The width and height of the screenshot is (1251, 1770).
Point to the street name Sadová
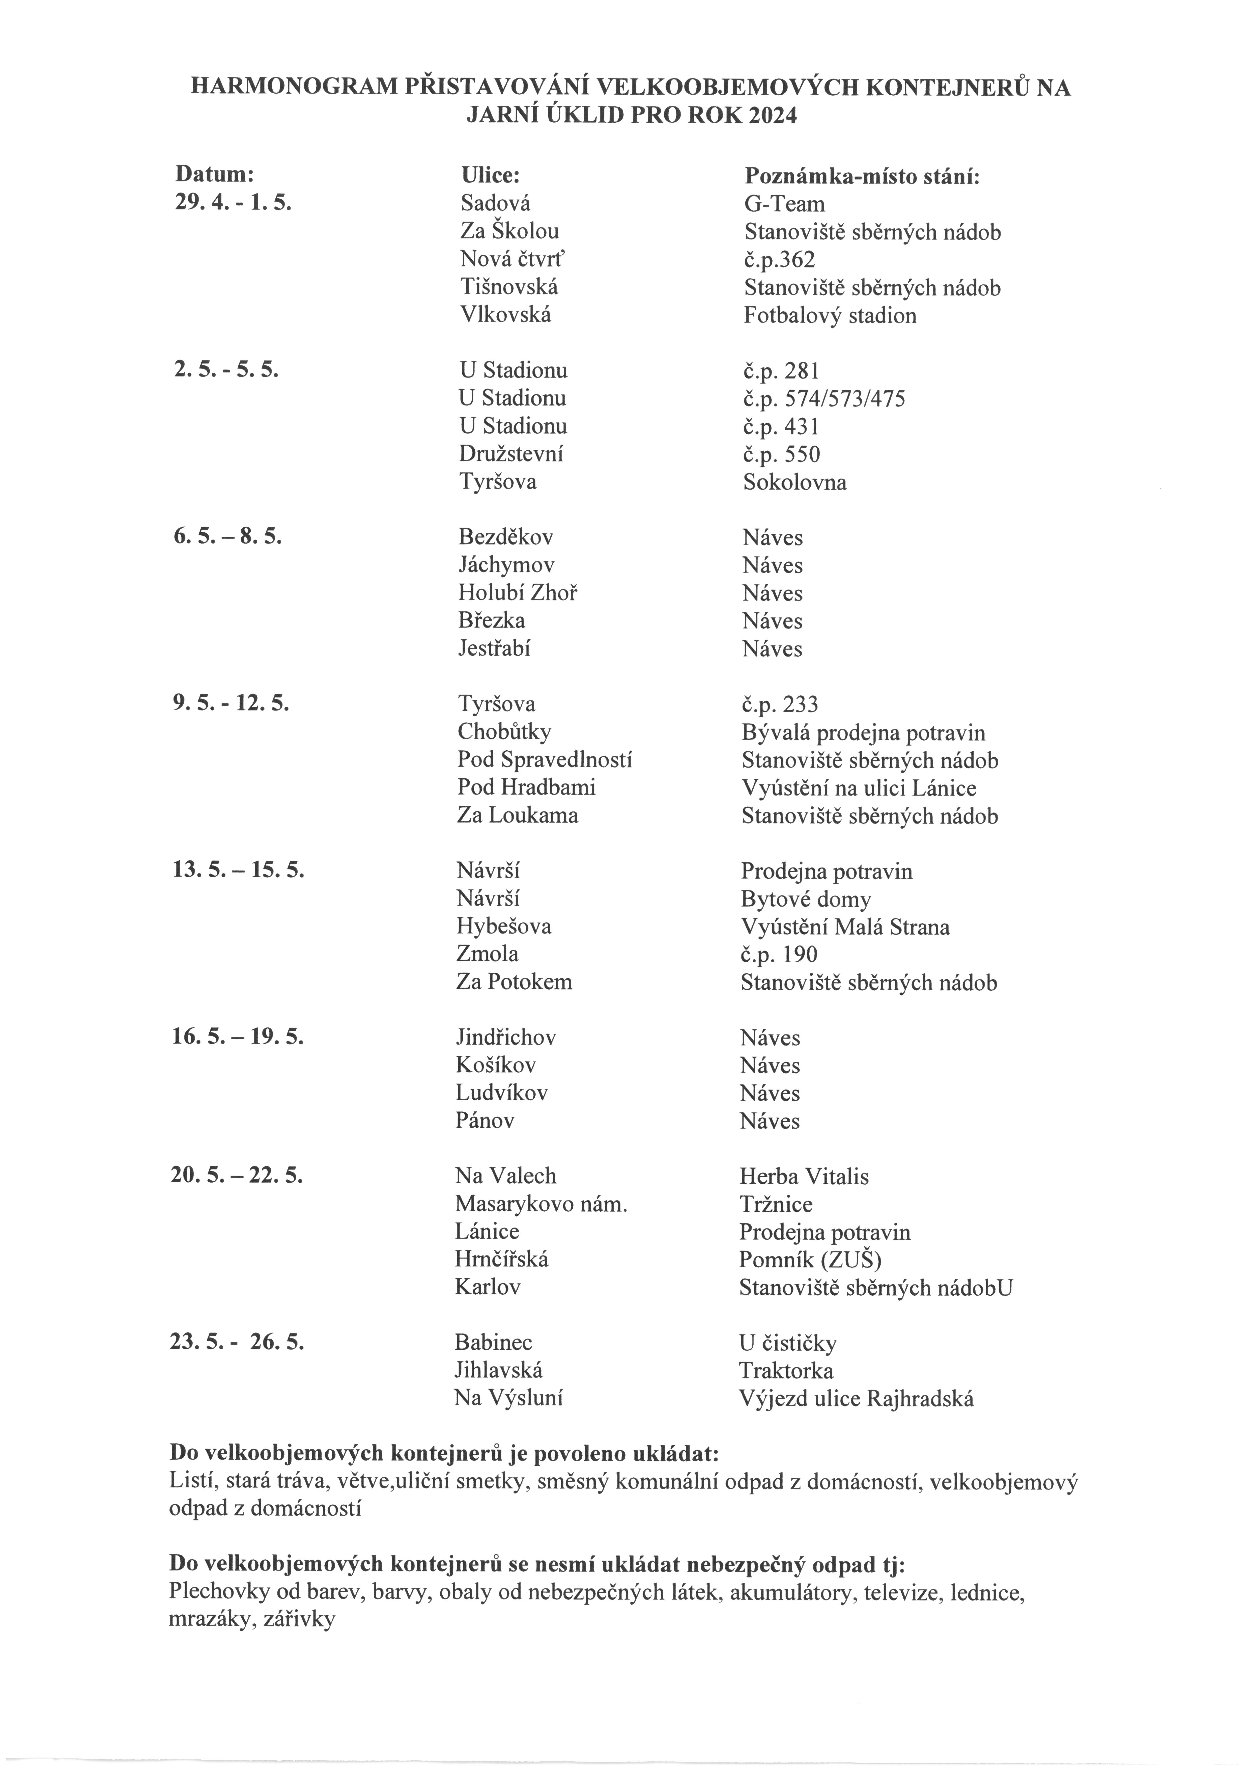(x=496, y=204)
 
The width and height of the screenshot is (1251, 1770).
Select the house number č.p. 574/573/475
(x=824, y=399)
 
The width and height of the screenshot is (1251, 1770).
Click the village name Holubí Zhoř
(x=518, y=593)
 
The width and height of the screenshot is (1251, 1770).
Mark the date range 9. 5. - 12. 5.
(x=231, y=703)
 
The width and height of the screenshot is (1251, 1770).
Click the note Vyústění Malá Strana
(x=845, y=927)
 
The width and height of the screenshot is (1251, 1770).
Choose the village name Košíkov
(x=496, y=1065)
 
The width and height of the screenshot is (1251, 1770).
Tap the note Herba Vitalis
(x=804, y=1176)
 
